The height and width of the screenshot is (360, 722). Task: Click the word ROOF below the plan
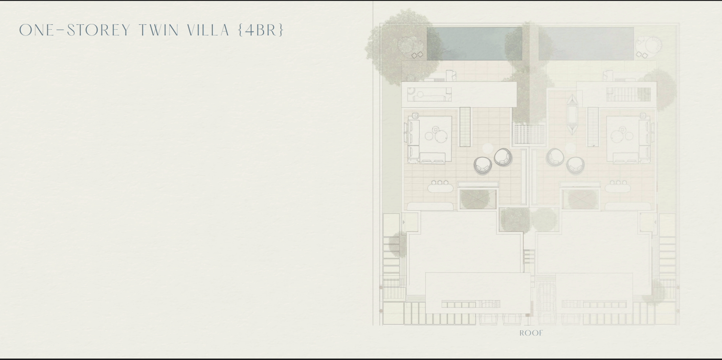point(531,333)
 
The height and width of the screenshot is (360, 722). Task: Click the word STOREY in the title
point(98,30)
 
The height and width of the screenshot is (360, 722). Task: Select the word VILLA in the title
point(208,30)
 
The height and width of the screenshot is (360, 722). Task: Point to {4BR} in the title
point(261,30)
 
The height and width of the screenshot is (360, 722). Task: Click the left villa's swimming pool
point(474,44)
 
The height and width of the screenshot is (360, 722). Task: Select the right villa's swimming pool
point(586,44)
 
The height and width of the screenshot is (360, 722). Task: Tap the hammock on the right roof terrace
point(572,114)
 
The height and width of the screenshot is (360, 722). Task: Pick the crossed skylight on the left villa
point(478,199)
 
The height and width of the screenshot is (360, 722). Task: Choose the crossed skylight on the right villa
point(580,199)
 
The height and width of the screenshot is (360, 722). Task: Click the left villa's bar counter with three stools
point(440,187)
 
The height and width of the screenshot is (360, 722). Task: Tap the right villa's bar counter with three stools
point(618,187)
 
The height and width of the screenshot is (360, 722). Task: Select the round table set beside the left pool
point(410,46)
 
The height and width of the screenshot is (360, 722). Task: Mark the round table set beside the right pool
point(648,46)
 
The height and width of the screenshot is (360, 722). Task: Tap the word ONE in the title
point(36,30)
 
